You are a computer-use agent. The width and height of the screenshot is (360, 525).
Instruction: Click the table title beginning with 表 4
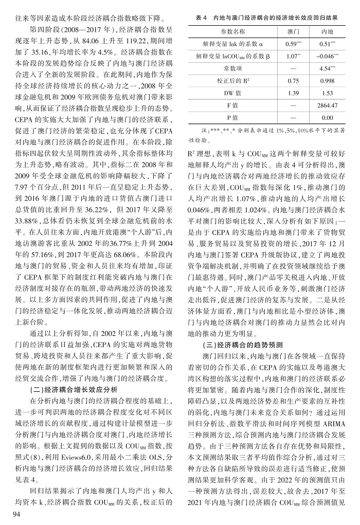pyautogui.click(x=267, y=18)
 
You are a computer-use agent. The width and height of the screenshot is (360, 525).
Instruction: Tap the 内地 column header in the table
pyautogui.click(x=328, y=31)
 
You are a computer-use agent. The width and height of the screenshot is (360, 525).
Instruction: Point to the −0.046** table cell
pyautogui.click(x=328, y=56)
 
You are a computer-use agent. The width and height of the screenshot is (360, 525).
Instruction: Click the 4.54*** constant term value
pyautogui.click(x=328, y=68)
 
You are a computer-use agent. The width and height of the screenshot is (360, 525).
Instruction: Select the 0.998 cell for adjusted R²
pyautogui.click(x=328, y=80)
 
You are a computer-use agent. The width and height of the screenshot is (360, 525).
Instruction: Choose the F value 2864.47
pyautogui.click(x=328, y=105)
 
